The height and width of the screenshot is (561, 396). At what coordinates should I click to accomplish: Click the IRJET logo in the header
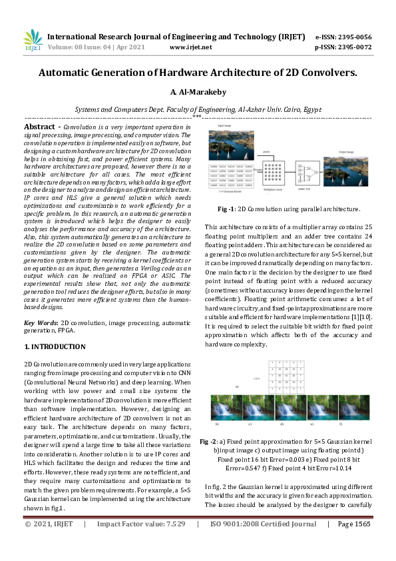(32, 40)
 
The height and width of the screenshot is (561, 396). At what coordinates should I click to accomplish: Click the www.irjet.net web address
(190, 47)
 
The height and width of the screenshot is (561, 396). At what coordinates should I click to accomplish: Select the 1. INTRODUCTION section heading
(55, 346)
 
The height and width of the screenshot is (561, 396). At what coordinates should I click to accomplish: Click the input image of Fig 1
(231, 143)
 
